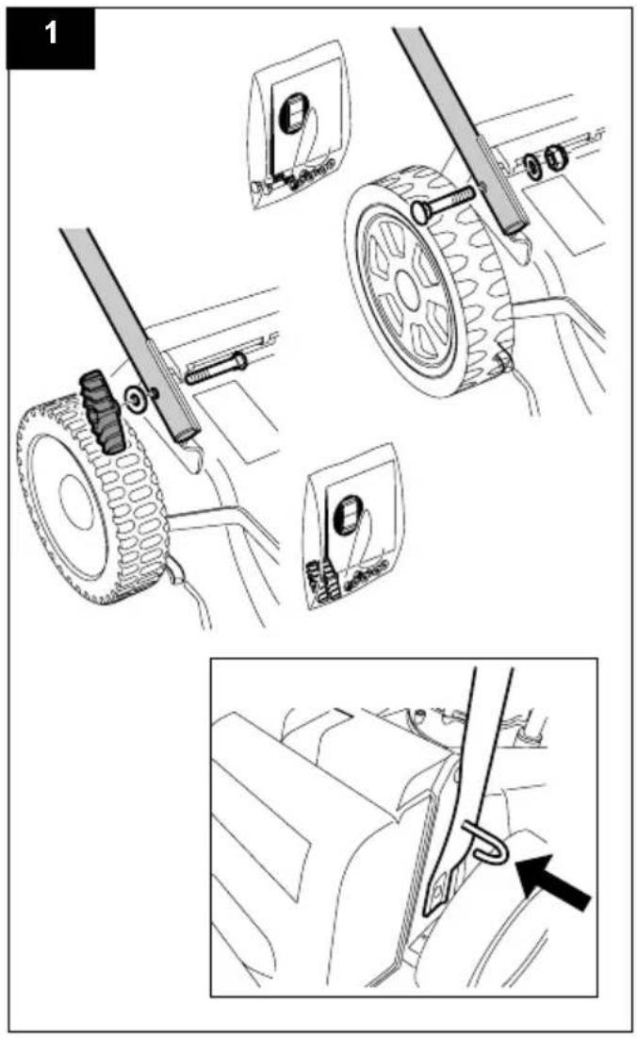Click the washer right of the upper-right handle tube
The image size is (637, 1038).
pos(531,166)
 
